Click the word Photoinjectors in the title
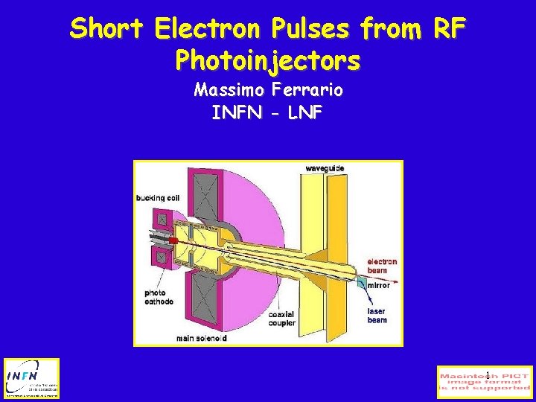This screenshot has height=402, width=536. pos(268,60)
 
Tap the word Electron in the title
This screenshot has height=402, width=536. pos(207,30)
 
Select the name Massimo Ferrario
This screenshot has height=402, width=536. pos(268,91)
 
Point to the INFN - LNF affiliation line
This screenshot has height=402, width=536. pos(267,114)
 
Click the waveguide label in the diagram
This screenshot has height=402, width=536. pos(325,169)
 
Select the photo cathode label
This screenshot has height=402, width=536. pos(159,297)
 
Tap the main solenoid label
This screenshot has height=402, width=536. pos(201,338)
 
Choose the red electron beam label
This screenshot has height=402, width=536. pos(383,266)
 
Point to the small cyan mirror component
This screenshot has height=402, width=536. pos(360,282)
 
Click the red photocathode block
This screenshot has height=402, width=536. pos(173,242)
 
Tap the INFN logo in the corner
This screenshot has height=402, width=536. pos(31,378)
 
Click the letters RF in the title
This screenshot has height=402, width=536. pos(450,30)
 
